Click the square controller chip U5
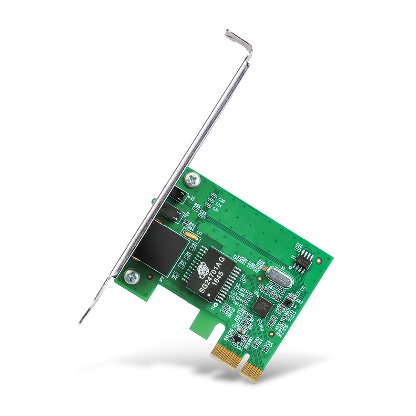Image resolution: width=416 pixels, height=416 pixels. pyautogui.click(x=262, y=306)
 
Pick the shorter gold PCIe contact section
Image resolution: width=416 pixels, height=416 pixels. pyautogui.click(x=252, y=370)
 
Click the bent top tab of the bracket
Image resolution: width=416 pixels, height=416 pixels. pyautogui.click(x=239, y=39)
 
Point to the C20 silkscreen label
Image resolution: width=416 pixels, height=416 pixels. pyautogui.click(x=299, y=245)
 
